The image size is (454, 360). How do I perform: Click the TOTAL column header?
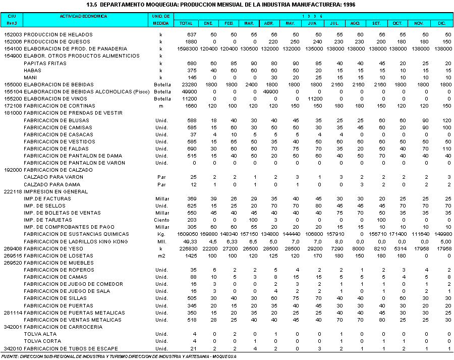pyautogui.click(x=186, y=23)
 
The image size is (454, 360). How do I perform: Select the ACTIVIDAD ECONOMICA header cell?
pyautogui.click(x=84, y=16)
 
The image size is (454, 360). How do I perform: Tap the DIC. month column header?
pyautogui.click(x=441, y=23)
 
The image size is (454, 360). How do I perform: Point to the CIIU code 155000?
pyautogui.click(x=13, y=84)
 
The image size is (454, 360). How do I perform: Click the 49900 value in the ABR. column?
pyautogui.click(x=267, y=91)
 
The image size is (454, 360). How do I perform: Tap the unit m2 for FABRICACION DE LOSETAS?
pyautogui.click(x=161, y=255)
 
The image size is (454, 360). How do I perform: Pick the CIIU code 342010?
pyautogui.click(x=13, y=349)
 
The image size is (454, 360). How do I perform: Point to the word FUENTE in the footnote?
pyautogui.click(x=10, y=356)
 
